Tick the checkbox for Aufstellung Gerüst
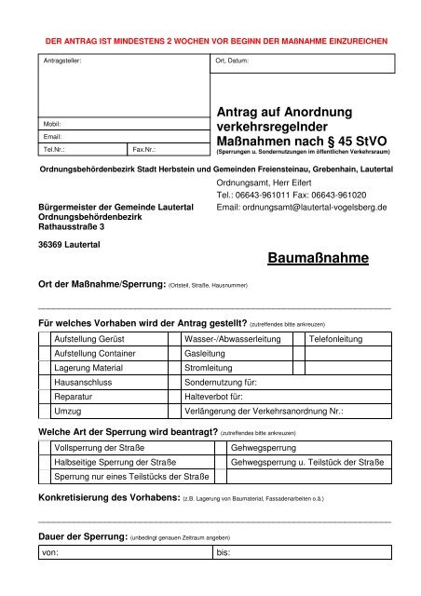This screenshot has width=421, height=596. tap(44, 341)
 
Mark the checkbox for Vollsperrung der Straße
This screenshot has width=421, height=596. tap(44, 448)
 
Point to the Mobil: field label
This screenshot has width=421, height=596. tap(53, 123)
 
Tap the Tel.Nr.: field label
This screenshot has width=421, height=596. tap(55, 147)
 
